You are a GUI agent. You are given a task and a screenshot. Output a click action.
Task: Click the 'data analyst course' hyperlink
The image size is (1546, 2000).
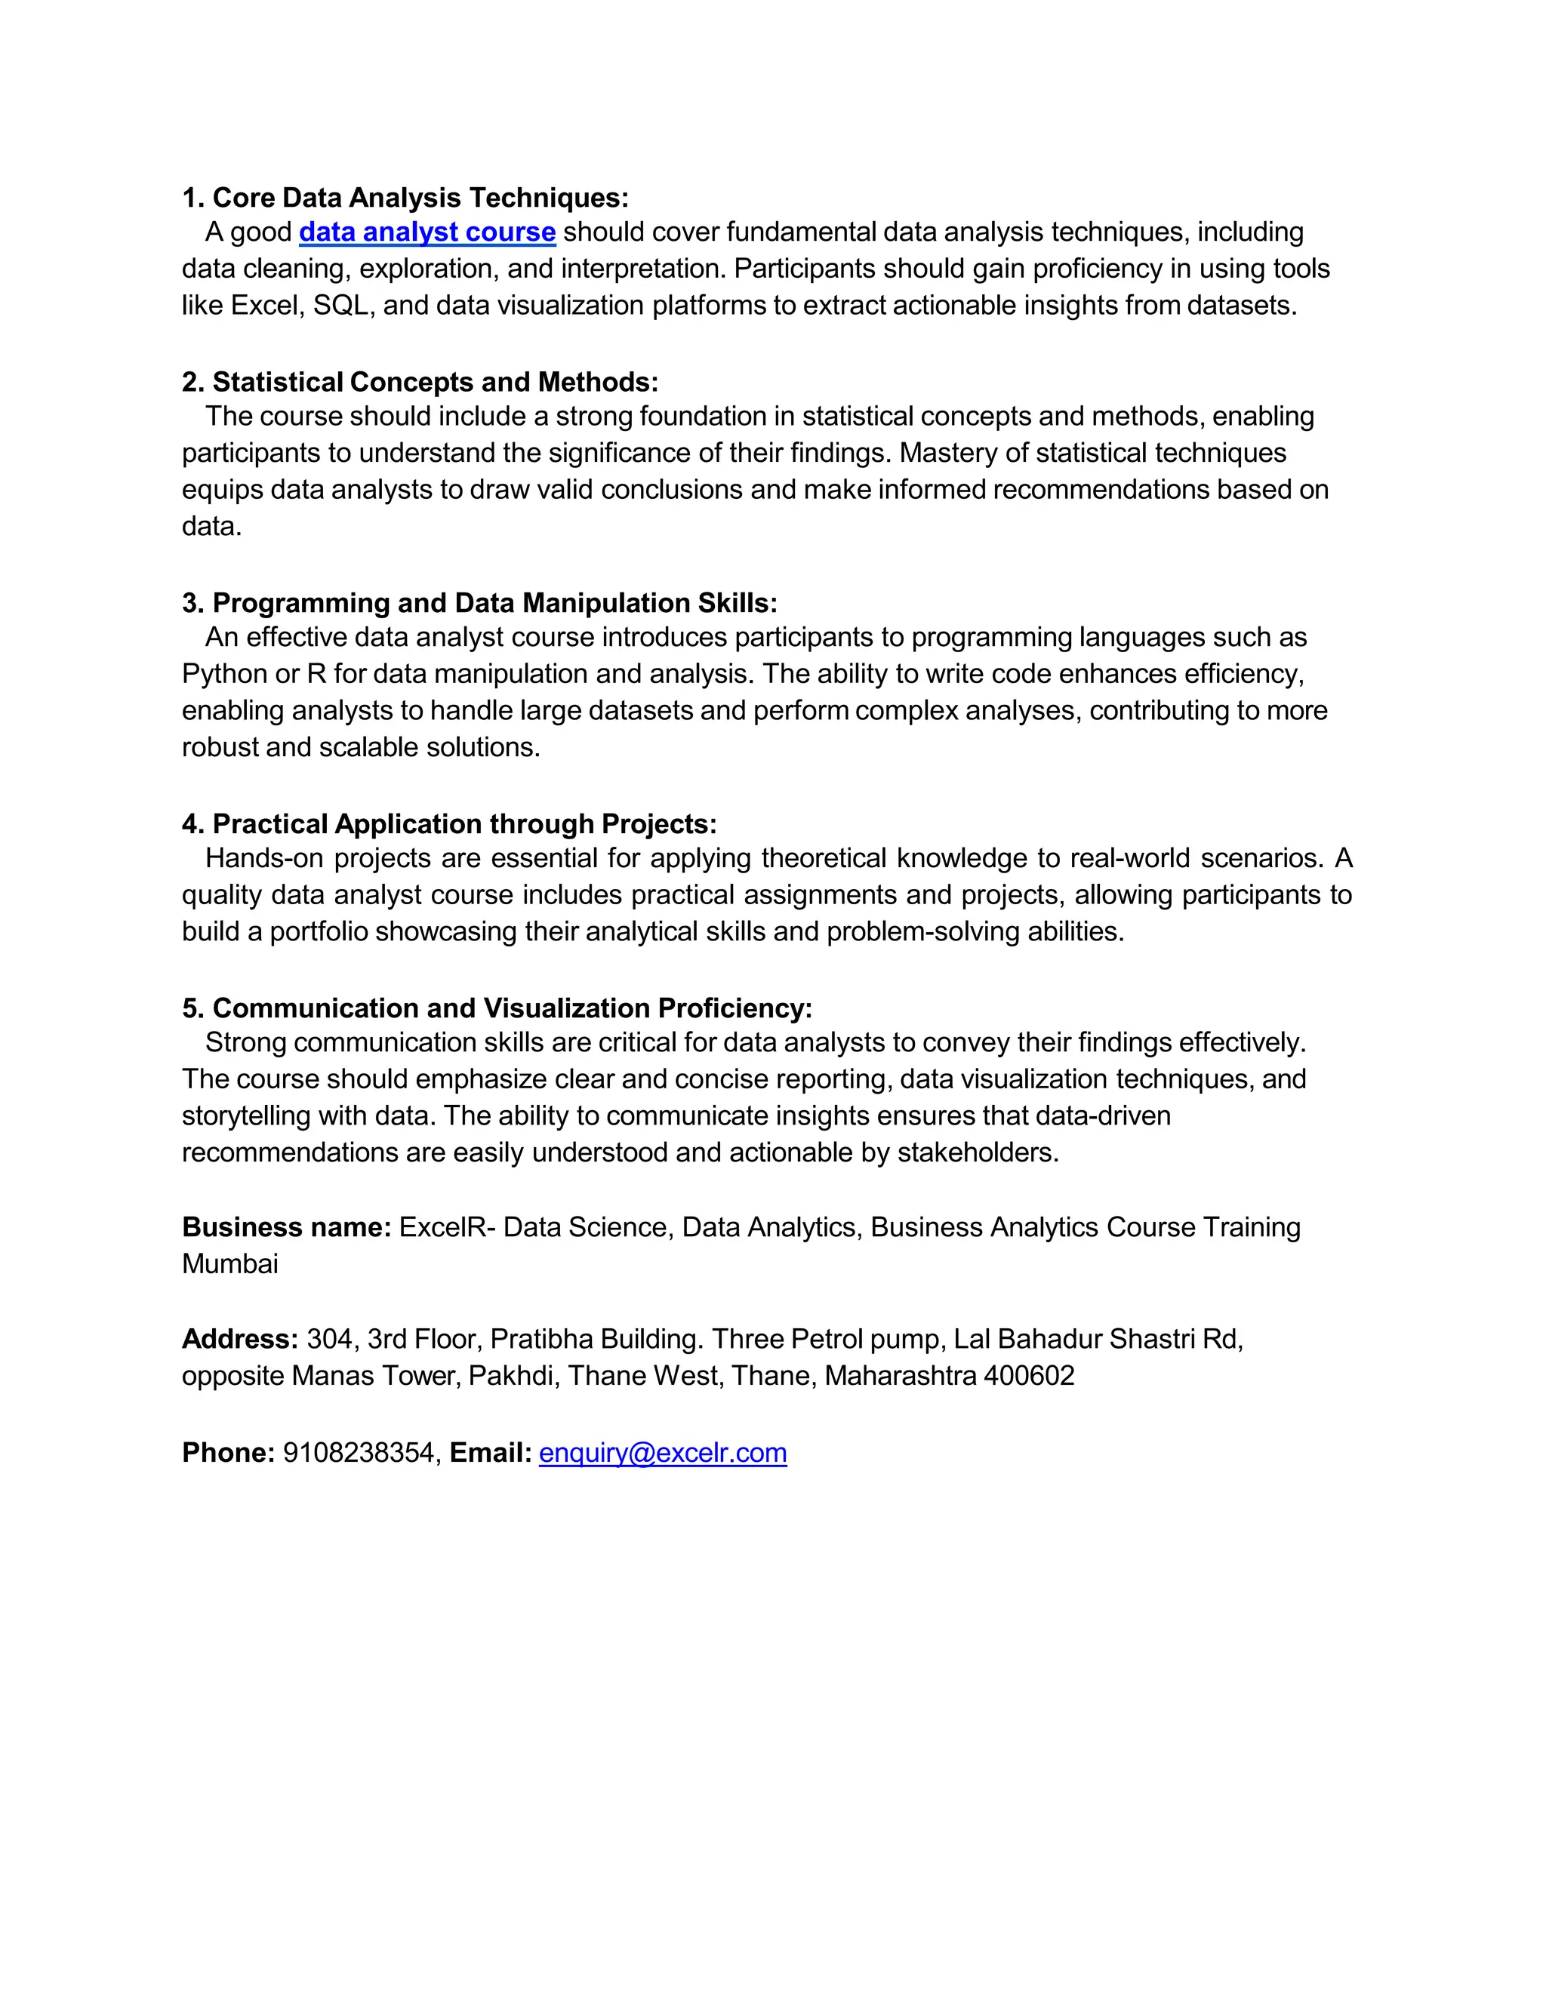pos(427,232)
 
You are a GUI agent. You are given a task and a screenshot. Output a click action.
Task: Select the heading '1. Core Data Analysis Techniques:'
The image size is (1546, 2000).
pos(405,198)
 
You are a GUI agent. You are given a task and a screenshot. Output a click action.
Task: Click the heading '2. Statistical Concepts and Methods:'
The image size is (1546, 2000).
pos(420,382)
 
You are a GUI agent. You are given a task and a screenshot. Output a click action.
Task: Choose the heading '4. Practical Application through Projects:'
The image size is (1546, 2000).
pos(449,824)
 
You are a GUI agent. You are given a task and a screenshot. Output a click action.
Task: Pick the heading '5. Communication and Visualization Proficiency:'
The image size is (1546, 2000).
pos(497,1008)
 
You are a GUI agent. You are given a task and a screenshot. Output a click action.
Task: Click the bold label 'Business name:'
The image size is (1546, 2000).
pos(287,1227)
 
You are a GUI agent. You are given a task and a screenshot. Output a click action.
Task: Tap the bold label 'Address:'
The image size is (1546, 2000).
pos(240,1339)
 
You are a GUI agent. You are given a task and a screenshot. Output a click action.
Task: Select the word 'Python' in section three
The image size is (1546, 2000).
pos(223,674)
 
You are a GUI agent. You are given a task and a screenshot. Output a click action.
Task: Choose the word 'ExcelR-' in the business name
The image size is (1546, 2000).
pos(447,1227)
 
